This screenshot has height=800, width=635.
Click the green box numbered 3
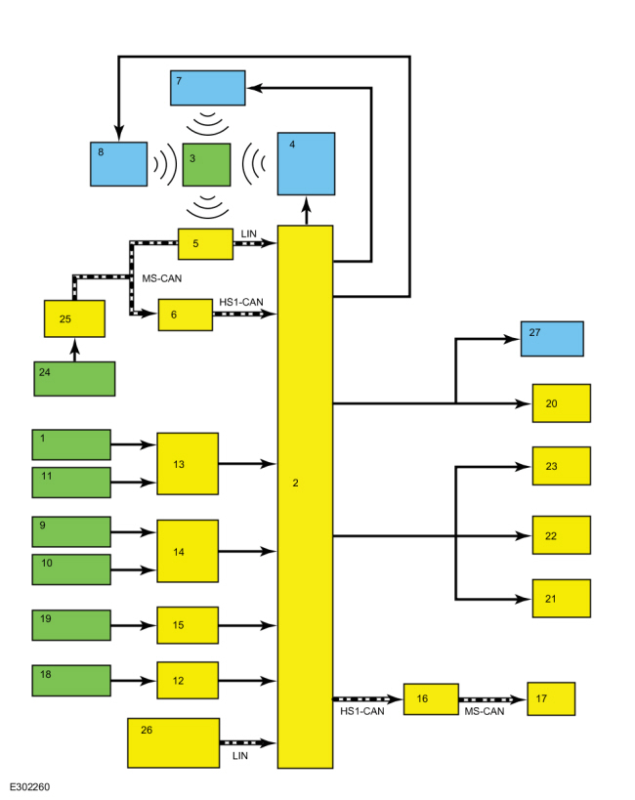pos(206,164)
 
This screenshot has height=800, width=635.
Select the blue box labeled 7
pos(208,88)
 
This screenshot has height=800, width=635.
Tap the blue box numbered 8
pos(119,164)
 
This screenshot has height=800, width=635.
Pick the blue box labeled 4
pos(307,164)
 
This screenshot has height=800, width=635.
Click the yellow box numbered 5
pos(206,244)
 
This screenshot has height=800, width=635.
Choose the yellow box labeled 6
pos(186,315)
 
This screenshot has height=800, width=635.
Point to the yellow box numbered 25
pos(74,318)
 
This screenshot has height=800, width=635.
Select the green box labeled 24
pos(74,379)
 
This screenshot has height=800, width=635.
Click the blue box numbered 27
pos(552,339)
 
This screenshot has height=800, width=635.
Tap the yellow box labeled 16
pos(432,699)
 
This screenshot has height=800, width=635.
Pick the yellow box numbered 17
pos(551,699)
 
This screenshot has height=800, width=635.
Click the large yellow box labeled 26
pos(174,742)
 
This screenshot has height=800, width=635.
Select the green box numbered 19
pos(71,625)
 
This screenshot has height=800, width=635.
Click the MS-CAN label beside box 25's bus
pos(162,278)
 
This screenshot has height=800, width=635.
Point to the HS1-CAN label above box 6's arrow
pos(241,302)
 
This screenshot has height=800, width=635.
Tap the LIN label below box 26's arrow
pos(240,756)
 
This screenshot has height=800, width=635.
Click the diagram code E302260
pos(29,786)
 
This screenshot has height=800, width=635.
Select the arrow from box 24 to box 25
pos(74,350)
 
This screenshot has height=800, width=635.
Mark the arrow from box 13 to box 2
pos(247,464)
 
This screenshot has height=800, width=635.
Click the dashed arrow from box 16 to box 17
pos(492,699)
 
